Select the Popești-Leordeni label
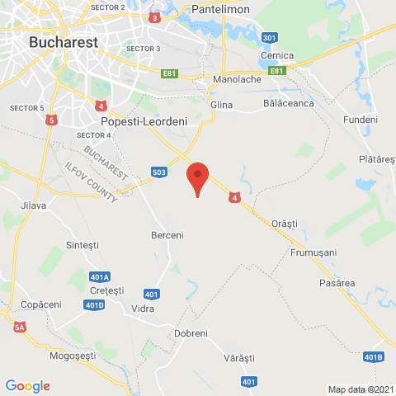tap(144, 121)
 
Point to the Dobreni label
tap(191, 332)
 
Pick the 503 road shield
tap(162, 172)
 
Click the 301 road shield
tap(268, 38)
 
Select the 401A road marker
tap(100, 276)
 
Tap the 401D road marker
tap(95, 305)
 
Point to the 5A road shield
tap(20, 328)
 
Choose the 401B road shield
tap(374, 356)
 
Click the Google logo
tap(27, 385)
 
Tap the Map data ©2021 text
tap(360, 389)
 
